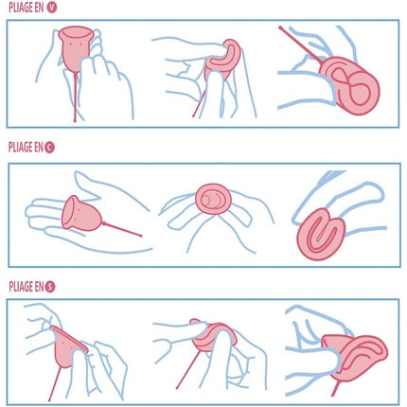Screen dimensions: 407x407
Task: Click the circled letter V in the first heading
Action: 51,8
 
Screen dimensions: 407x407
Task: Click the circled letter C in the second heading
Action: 49,148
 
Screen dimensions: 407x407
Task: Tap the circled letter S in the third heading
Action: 50,287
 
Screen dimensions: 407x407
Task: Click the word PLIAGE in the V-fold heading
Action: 21,8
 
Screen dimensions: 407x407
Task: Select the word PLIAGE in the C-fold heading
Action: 21,148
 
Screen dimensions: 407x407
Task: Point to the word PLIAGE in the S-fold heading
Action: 21,287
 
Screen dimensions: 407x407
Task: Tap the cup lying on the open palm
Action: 81,214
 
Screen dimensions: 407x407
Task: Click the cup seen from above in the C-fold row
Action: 213,199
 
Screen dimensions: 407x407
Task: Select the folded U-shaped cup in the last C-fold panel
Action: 319,234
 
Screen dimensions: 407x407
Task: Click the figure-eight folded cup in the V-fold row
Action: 350,85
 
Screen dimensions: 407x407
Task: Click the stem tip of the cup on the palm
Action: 141,236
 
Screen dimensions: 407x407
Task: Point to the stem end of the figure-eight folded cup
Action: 280,27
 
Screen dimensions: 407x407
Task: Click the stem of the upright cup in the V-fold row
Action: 75,97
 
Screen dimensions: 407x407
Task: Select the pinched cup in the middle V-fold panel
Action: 222,60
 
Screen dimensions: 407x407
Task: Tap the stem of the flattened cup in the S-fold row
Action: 54,384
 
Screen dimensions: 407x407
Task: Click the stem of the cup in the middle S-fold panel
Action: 188,370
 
